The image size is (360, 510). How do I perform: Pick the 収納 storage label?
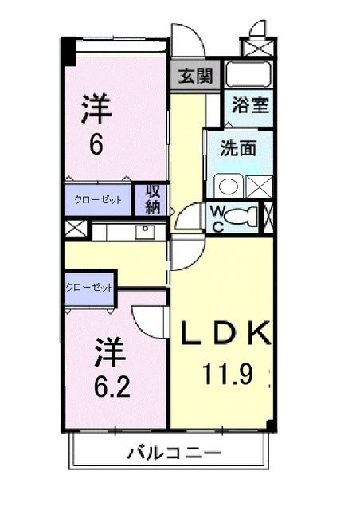coord(152,199)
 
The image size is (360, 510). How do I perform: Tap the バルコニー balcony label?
coord(174,453)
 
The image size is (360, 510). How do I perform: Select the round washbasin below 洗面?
coord(227,186)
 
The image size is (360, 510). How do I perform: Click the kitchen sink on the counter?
coord(144,232)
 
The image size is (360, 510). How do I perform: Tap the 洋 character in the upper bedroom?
coord(97,108)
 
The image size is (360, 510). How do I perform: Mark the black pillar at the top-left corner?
coord(68,52)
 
